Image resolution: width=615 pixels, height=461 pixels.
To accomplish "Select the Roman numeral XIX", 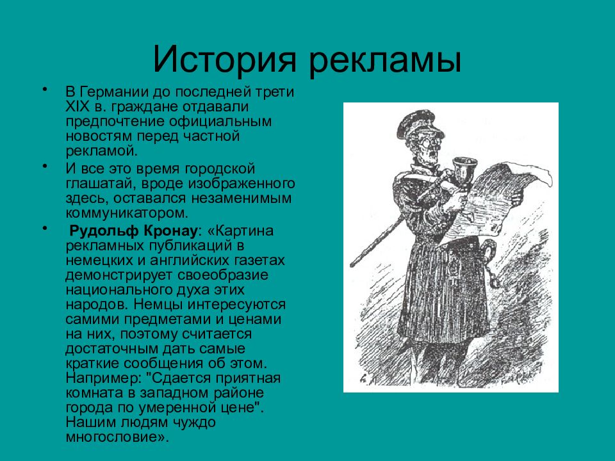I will (77, 106).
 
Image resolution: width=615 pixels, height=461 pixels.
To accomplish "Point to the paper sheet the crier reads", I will (503, 198).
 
